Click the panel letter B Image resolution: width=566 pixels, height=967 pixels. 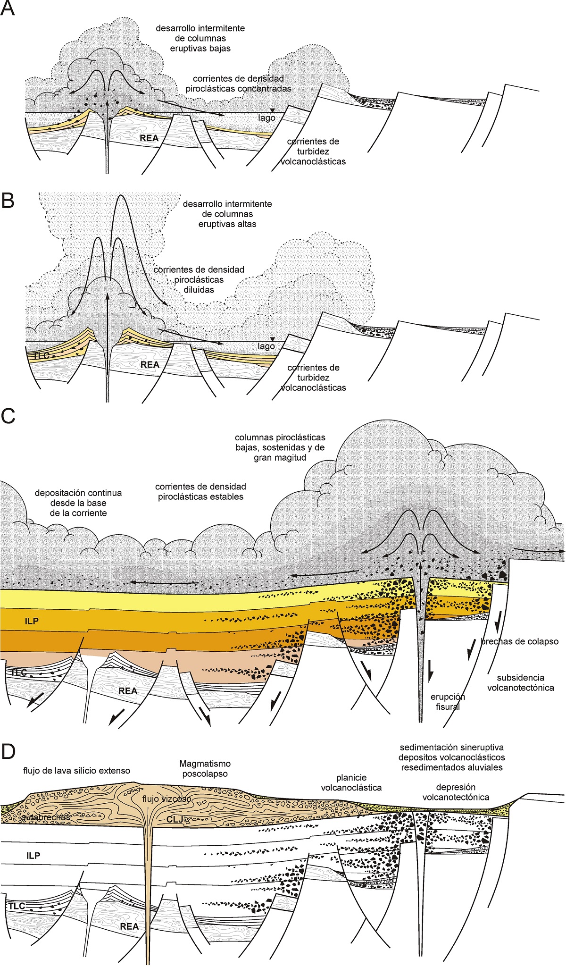click(x=8, y=201)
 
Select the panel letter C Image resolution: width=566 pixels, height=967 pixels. click(x=8, y=416)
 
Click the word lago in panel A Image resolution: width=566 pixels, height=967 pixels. click(x=266, y=118)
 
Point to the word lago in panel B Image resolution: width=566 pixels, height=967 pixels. click(x=266, y=346)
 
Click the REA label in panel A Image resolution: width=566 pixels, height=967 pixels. click(x=149, y=138)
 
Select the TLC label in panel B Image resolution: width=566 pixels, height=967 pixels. click(x=42, y=355)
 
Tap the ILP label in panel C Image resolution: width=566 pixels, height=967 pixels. click(x=32, y=621)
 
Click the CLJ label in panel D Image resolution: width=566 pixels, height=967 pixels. click(x=175, y=819)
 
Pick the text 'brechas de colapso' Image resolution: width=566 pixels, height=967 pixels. click(x=519, y=641)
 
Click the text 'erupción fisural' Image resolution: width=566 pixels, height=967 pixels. click(x=448, y=702)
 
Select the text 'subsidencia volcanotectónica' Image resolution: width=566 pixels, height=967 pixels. click(x=520, y=682)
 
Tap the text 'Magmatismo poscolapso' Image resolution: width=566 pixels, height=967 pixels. click(x=205, y=768)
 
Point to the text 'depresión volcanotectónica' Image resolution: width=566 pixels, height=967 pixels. click(x=455, y=792)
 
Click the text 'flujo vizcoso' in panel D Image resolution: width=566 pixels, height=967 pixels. click(x=167, y=799)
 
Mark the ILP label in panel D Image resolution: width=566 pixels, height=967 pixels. click(x=33, y=856)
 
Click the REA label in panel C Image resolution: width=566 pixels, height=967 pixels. click(x=128, y=691)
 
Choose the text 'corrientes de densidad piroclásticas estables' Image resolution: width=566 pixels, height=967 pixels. click(x=200, y=491)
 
